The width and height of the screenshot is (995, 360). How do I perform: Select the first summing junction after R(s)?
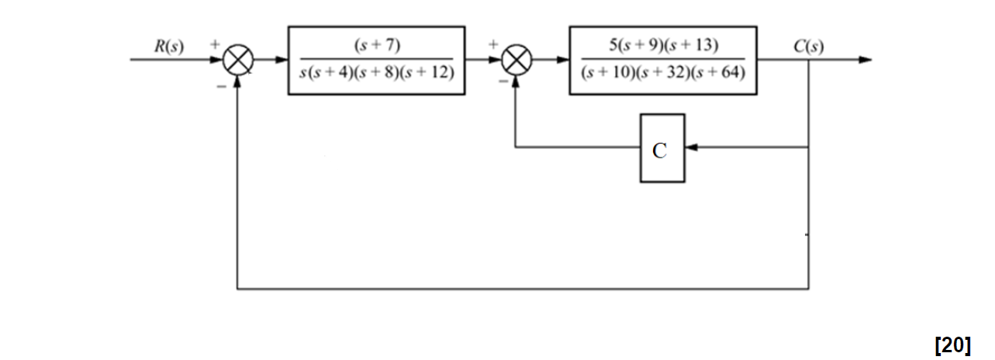pos(237,60)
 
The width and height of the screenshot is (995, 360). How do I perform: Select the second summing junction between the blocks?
pos(516,60)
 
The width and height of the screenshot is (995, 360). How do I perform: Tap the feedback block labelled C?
pos(662,148)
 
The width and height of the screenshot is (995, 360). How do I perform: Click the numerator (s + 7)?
pos(376,45)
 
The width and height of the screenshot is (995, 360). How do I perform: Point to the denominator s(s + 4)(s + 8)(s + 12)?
pos(376,74)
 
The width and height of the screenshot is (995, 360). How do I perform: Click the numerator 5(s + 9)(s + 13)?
pos(663,45)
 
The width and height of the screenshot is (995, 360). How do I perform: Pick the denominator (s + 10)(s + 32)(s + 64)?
pos(663,74)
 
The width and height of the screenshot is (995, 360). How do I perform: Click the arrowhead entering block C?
pos(691,148)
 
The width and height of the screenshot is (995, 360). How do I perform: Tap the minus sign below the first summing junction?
pos(221,86)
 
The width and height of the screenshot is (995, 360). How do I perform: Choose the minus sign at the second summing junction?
pos(503,80)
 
